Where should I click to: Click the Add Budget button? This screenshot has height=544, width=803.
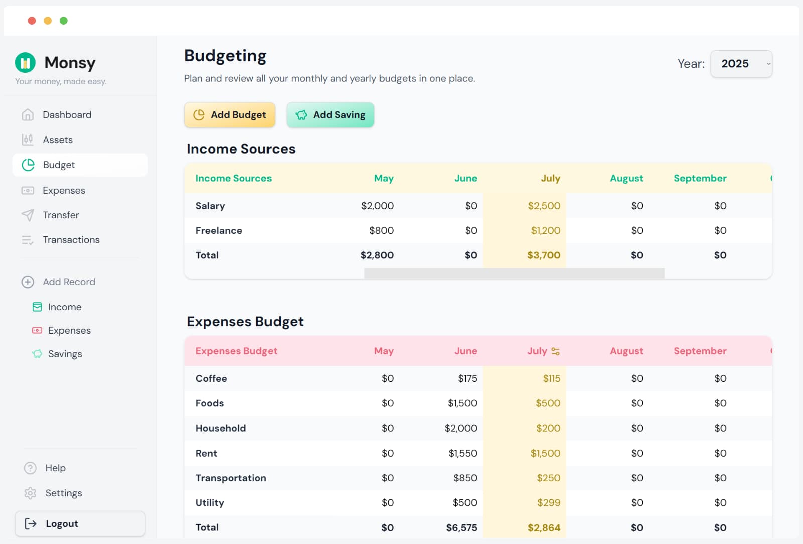click(229, 115)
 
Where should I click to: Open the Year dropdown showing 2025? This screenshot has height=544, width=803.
click(741, 64)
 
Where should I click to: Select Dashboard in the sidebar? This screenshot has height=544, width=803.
click(67, 115)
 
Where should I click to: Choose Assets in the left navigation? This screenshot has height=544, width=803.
click(57, 140)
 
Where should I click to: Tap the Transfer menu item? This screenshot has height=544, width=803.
click(61, 215)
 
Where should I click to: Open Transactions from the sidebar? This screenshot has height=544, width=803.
click(71, 240)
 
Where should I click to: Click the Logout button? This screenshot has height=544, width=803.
click(80, 524)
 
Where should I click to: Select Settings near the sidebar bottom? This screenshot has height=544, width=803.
click(63, 493)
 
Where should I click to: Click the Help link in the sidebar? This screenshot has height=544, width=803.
click(55, 468)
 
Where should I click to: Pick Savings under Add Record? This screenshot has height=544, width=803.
click(65, 354)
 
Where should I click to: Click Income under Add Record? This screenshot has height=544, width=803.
click(64, 307)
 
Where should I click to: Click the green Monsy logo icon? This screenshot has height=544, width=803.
click(25, 63)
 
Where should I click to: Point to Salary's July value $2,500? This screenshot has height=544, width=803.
click(544, 206)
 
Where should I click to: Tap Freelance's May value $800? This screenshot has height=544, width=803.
click(381, 230)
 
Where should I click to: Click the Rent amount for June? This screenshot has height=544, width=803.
click(462, 453)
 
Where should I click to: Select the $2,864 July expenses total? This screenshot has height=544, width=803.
click(544, 527)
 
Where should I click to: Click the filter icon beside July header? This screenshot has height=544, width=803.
click(555, 351)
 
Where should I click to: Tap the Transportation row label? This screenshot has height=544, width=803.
click(231, 478)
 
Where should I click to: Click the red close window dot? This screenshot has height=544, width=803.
click(32, 21)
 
